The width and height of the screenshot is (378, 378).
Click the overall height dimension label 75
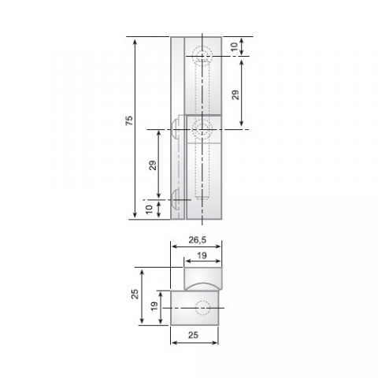129,120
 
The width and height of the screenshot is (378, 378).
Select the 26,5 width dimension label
198,239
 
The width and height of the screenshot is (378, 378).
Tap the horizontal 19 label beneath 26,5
202,255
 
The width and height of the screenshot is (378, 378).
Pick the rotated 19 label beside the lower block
154,306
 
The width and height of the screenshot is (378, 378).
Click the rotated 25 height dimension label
135,294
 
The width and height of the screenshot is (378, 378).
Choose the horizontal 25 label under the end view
194,335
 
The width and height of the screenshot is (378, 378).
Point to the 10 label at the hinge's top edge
235,46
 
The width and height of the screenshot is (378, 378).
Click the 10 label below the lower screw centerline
150,209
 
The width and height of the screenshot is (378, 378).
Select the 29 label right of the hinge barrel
235,94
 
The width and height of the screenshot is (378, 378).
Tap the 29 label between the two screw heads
153,165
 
